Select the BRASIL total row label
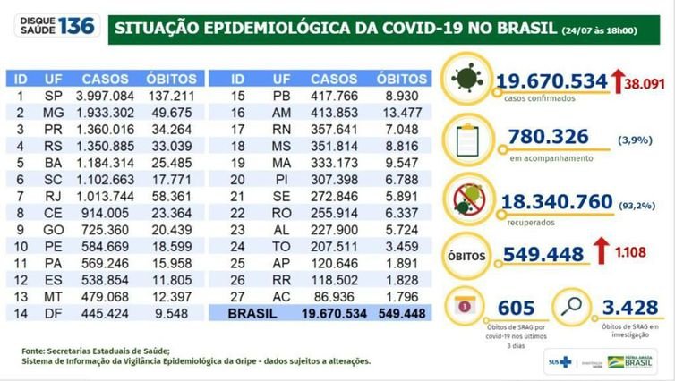coord(254,313)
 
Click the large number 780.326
coord(549,138)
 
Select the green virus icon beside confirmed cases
coord(466,80)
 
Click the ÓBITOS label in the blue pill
coord(466,253)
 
